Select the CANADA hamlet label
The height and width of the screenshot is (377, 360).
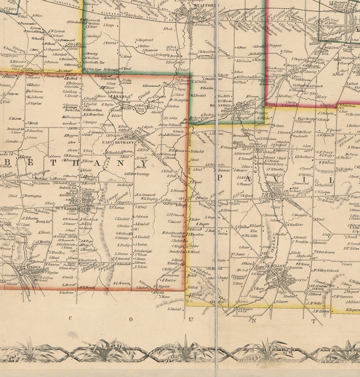coord(119,97)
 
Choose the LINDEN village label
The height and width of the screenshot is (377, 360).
coord(33,267)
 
